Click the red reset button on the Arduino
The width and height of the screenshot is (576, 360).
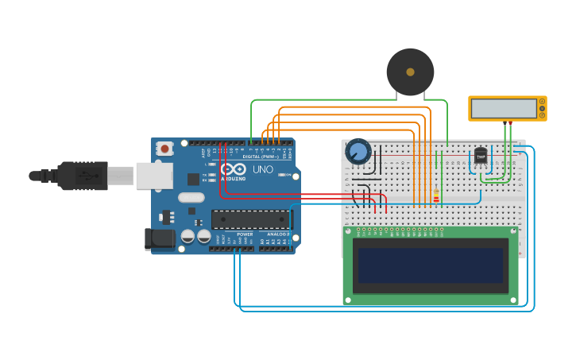(164, 148)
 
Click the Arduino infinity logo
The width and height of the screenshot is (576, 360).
(234, 169)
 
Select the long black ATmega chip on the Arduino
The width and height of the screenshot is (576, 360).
(250, 219)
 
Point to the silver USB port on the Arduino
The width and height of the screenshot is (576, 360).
(154, 176)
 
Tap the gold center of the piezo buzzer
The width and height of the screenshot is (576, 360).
(410, 72)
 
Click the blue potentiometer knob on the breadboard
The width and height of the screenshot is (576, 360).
(358, 151)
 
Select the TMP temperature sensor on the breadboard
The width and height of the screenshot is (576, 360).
(481, 156)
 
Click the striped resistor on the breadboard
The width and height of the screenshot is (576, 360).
(435, 195)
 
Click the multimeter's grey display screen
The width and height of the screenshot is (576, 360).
(503, 109)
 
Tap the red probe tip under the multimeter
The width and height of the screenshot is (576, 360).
(511, 123)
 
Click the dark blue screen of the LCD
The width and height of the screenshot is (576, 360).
(430, 265)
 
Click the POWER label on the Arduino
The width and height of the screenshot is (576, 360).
(245, 234)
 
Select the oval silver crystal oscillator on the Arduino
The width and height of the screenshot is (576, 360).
(191, 197)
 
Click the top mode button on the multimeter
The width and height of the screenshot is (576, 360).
(543, 101)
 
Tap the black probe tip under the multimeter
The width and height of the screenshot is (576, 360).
(505, 123)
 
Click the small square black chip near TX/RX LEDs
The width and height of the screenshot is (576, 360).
(193, 179)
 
